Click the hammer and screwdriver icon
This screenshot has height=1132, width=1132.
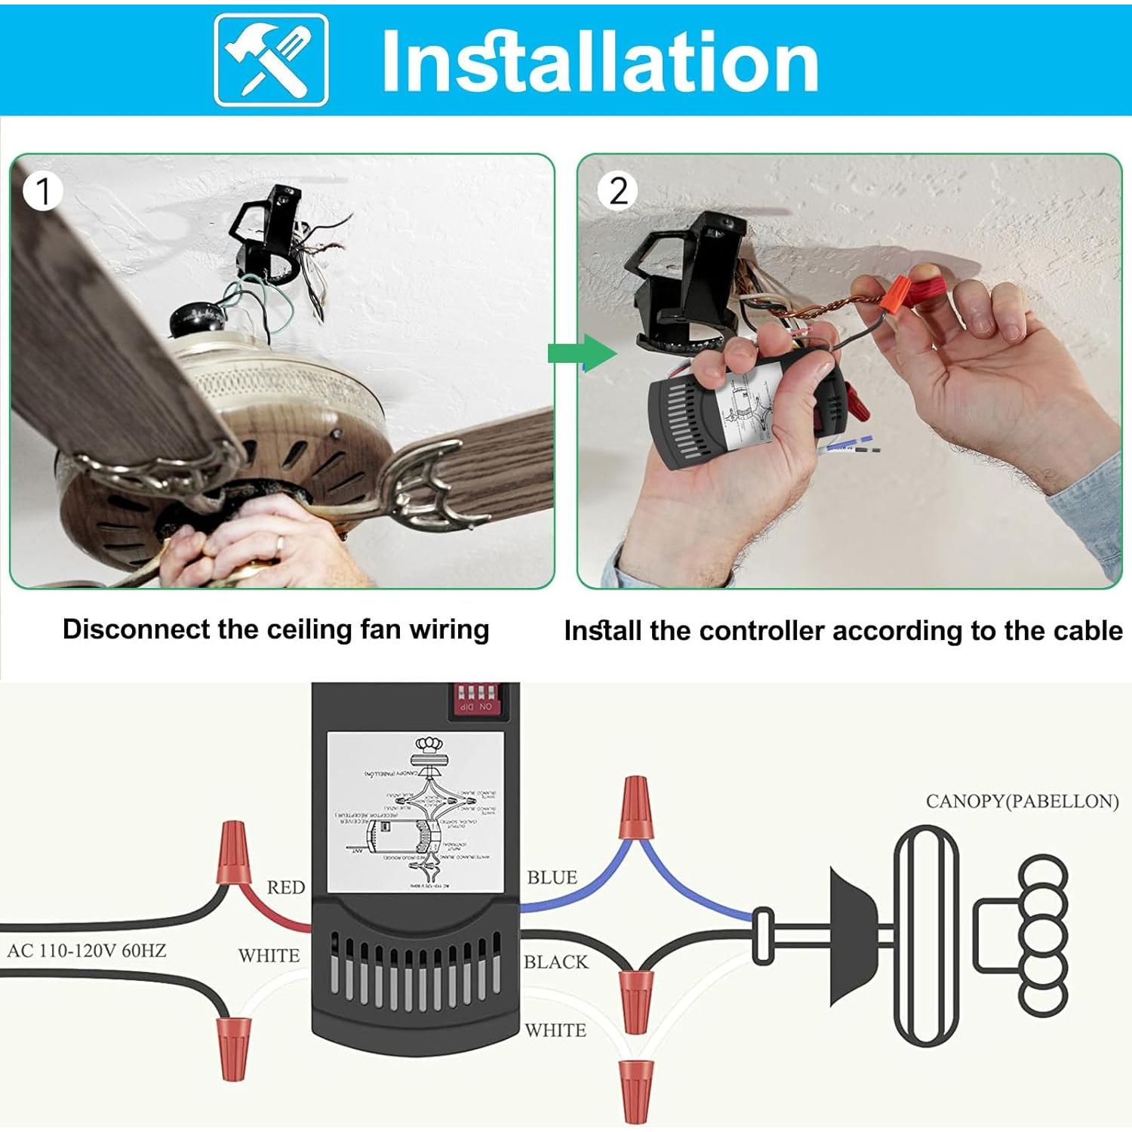click(x=271, y=60)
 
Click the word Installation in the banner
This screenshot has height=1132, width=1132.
click(x=600, y=62)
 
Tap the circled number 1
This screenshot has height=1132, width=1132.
click(x=42, y=192)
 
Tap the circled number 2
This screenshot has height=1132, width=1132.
click(x=617, y=192)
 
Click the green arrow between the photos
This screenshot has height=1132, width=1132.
click(x=581, y=353)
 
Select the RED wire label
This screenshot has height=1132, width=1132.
click(x=285, y=887)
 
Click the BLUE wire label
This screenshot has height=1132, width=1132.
click(x=552, y=878)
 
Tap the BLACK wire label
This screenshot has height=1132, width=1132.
click(x=555, y=962)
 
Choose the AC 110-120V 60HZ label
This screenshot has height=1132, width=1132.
click(x=86, y=951)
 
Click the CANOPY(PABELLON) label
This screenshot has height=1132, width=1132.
click(x=1022, y=801)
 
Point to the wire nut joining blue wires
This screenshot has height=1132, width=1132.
click(x=635, y=809)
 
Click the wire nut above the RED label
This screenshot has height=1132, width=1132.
click(x=233, y=854)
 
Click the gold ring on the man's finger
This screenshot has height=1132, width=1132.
click(x=279, y=543)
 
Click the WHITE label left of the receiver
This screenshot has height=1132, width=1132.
click(x=269, y=955)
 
